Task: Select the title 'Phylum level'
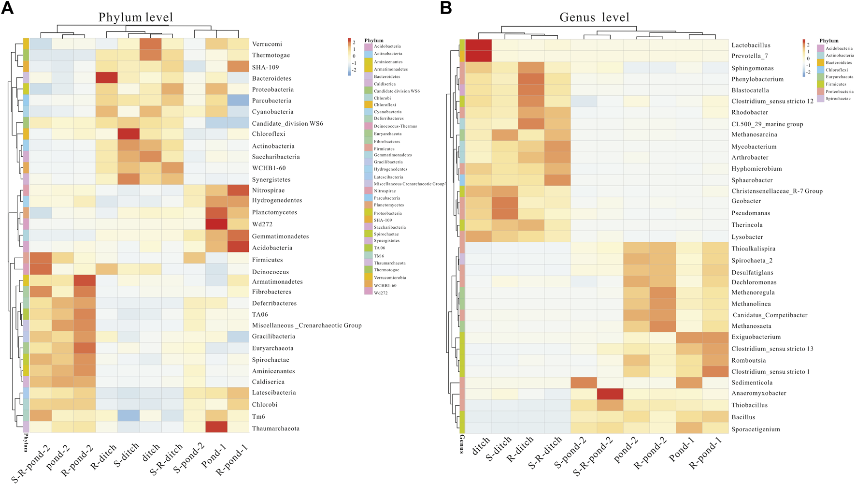point(135,18)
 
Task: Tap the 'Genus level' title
point(594,18)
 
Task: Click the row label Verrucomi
point(267,44)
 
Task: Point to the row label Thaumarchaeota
point(275,428)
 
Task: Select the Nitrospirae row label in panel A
point(268,191)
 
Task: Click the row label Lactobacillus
point(751,45)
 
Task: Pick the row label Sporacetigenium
point(756,429)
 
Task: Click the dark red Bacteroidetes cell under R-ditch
point(106,78)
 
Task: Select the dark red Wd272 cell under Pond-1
point(216,224)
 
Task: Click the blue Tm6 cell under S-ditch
point(128,416)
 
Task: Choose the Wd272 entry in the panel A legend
point(381,293)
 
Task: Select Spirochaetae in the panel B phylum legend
point(838,99)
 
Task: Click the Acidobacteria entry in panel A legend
point(387,46)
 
